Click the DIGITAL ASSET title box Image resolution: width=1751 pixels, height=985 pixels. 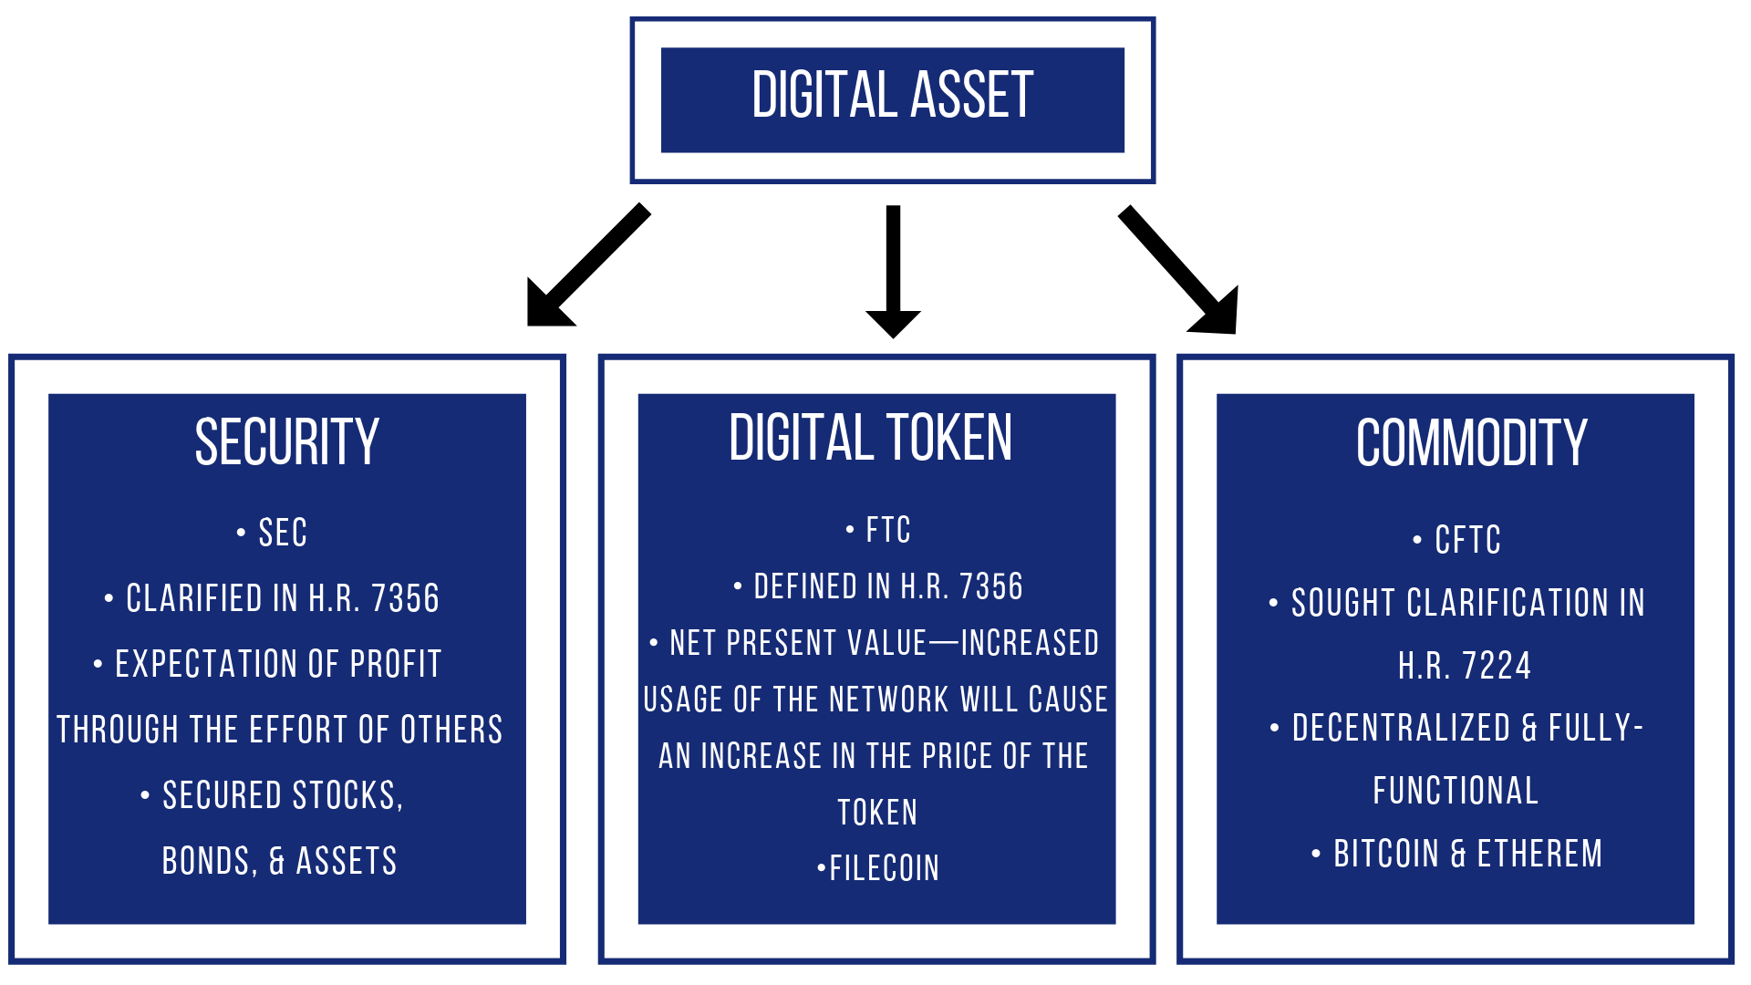pyautogui.click(x=892, y=98)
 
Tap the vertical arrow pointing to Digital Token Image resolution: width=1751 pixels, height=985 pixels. pyautogui.click(x=893, y=270)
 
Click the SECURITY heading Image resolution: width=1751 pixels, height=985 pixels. pyautogui.click(x=286, y=442)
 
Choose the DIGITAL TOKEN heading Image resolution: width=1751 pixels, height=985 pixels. pyautogui.click(x=870, y=439)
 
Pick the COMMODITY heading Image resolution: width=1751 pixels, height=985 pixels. pyautogui.click(x=1471, y=444)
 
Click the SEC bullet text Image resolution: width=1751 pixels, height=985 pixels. pyautogui.click(x=283, y=534)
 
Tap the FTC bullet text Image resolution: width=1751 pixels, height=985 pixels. pyautogui.click(x=887, y=531)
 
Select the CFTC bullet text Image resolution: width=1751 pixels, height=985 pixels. pyautogui.click(x=1466, y=541)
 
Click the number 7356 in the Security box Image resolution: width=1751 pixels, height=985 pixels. pyautogui.click(x=405, y=599)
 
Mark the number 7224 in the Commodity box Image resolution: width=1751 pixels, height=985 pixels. pyautogui.click(x=1497, y=667)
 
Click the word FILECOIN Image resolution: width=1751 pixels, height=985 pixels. pyautogui.click(x=884, y=869)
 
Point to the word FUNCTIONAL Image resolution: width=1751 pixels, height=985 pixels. pyautogui.click(x=1456, y=792)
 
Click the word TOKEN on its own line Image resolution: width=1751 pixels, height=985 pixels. pyautogui.click(x=877, y=813)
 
